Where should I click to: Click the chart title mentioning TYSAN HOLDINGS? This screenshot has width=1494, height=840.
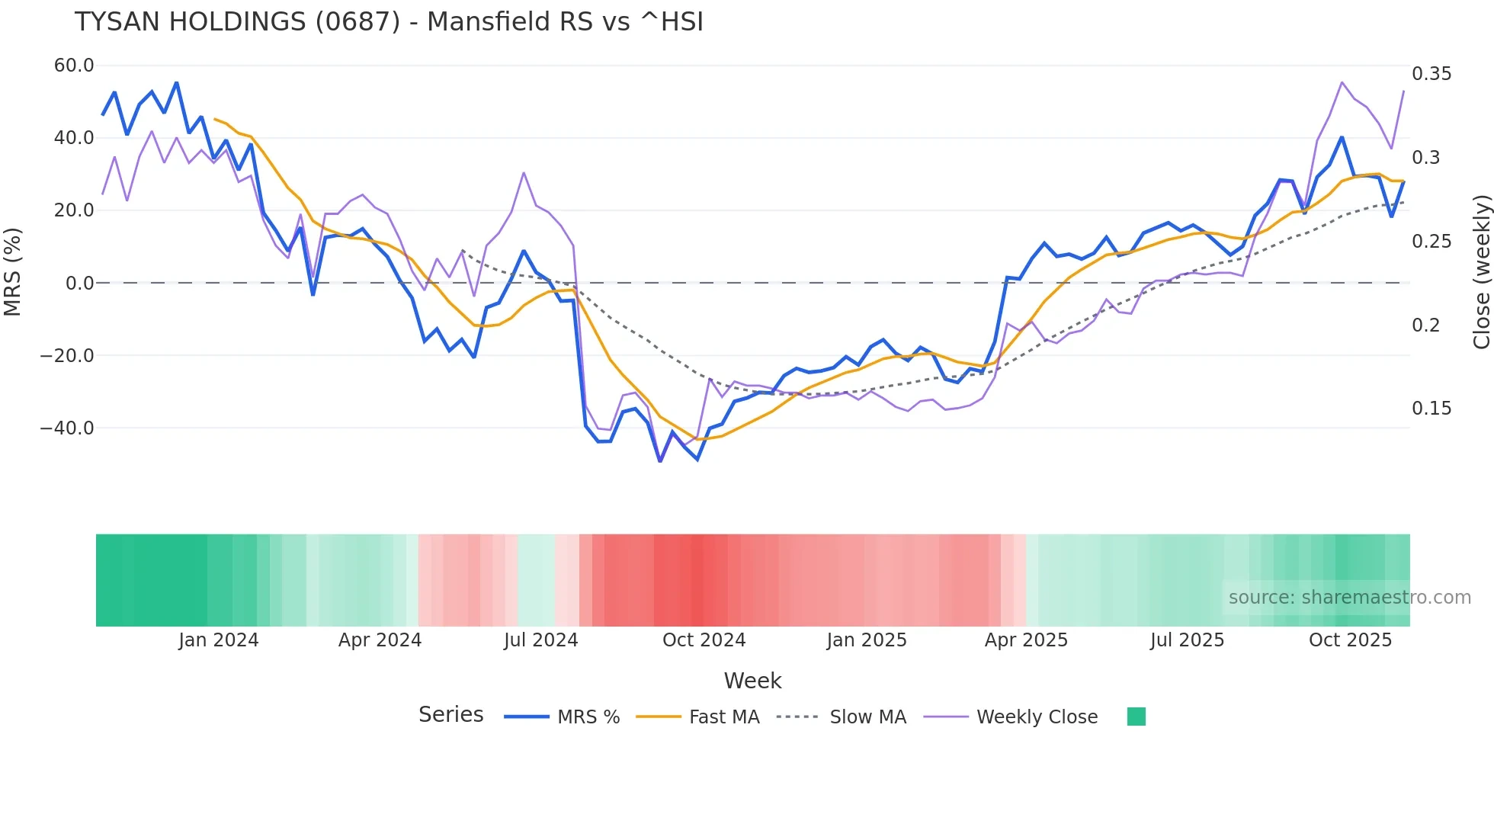pyautogui.click(x=389, y=22)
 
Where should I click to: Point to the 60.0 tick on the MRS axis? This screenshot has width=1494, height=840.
pyautogui.click(x=74, y=66)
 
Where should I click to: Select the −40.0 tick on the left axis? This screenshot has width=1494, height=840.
pyautogui.click(x=67, y=428)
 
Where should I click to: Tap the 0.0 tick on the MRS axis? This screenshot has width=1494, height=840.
pyautogui.click(x=80, y=284)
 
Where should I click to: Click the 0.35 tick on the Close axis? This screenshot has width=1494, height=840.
pyautogui.click(x=1431, y=74)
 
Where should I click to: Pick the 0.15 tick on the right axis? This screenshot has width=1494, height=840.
pyautogui.click(x=1431, y=409)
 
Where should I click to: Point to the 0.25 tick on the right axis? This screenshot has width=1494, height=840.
pyautogui.click(x=1431, y=242)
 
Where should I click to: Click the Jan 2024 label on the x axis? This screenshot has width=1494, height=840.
pyautogui.click(x=219, y=640)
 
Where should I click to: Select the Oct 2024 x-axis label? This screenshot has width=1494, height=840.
pyautogui.click(x=704, y=640)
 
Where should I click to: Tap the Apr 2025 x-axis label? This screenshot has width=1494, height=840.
pyautogui.click(x=1026, y=640)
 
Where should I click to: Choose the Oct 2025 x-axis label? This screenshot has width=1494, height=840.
pyautogui.click(x=1350, y=640)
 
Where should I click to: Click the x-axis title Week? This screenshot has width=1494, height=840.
pyautogui.click(x=752, y=681)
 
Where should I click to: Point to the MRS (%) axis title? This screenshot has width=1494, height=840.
pyautogui.click(x=13, y=272)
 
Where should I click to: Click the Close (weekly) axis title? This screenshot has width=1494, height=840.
pyautogui.click(x=1481, y=272)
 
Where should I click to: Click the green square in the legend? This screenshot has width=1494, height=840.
pyautogui.click(x=1137, y=717)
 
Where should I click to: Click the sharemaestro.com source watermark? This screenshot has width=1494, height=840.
pyautogui.click(x=1349, y=598)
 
